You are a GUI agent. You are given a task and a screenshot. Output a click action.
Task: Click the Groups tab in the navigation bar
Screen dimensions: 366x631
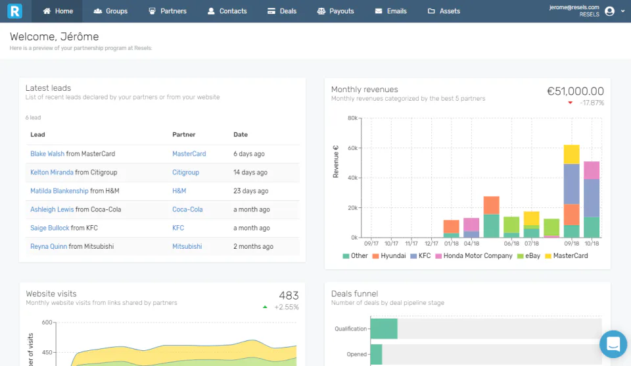click(110, 11)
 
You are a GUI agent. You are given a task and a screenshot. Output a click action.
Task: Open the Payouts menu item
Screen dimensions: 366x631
click(335, 11)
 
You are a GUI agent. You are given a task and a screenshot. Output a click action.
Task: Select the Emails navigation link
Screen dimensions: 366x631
click(390, 11)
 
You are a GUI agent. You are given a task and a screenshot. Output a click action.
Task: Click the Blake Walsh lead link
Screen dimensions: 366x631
click(47, 154)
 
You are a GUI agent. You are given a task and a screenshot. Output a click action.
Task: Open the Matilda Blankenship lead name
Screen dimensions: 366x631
click(59, 191)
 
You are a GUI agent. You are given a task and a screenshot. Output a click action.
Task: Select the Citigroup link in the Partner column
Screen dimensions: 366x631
click(185, 172)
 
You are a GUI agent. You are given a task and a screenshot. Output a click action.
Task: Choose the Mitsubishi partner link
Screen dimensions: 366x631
click(187, 247)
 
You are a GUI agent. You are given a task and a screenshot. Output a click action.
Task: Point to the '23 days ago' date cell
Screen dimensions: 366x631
click(250, 191)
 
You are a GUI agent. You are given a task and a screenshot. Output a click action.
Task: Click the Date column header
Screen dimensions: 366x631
click(241, 135)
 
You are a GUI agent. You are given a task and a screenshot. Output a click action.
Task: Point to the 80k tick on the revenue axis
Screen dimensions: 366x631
click(352, 118)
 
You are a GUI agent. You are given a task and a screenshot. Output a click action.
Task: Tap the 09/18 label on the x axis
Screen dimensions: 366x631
click(571, 244)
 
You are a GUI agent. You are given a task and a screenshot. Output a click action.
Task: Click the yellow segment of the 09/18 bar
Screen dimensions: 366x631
click(571, 154)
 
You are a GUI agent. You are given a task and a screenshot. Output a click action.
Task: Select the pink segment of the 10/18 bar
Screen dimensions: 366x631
click(592, 170)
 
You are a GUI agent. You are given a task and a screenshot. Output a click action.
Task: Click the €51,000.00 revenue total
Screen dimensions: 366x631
click(575, 91)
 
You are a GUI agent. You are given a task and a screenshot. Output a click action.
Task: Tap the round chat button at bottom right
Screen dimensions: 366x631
click(613, 344)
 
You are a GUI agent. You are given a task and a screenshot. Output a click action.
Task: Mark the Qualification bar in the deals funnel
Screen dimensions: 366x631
click(384, 328)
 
